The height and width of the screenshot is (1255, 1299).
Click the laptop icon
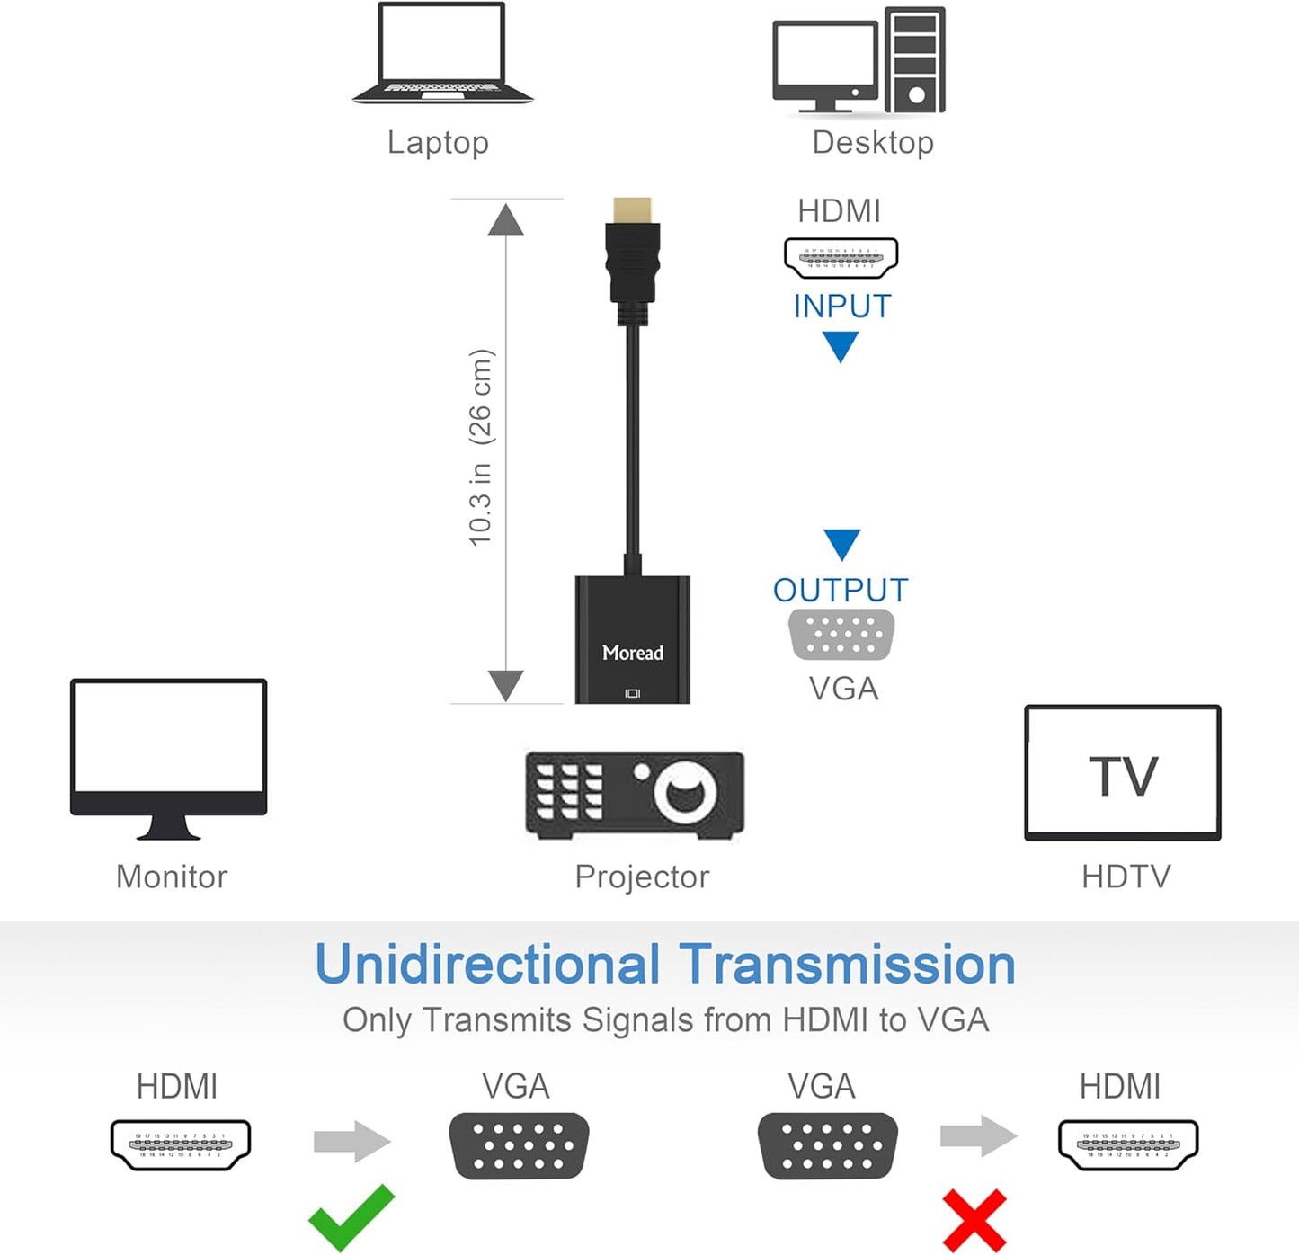441,54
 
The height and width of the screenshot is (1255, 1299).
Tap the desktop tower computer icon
914,60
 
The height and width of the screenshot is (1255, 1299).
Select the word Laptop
438,142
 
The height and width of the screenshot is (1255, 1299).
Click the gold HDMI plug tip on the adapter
632,211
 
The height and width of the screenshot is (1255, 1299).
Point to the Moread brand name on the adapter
632,653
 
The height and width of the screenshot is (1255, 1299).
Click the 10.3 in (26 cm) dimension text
481,447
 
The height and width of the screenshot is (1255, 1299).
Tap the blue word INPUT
841,307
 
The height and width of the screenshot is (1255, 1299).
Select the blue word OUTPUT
841,590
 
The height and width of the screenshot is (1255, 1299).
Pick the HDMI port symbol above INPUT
841,258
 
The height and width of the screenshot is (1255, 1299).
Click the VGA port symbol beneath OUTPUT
841,635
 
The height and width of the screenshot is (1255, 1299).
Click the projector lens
686,792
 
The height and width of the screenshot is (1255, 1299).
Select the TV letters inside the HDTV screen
1123,776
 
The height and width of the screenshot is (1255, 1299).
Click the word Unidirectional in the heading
487,965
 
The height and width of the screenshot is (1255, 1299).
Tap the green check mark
351,1217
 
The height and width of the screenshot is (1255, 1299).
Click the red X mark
974,1220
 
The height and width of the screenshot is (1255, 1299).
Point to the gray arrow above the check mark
351,1142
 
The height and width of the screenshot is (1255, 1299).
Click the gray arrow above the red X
978,1136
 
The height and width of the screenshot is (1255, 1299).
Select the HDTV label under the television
1126,877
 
